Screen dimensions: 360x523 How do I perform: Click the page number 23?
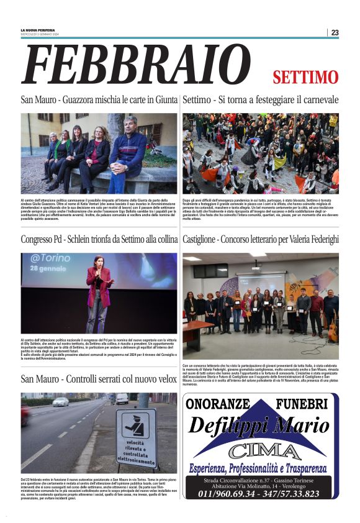coord(335,32)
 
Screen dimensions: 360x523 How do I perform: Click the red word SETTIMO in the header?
coord(305,77)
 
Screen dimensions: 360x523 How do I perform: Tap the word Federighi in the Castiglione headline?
coord(316,239)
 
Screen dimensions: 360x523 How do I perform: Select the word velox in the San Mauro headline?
coord(163,379)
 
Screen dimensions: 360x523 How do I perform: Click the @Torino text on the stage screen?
coord(52,259)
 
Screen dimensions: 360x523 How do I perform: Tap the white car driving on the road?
coord(60,402)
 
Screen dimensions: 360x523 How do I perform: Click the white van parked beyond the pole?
coord(122,399)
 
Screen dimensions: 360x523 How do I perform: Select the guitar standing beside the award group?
coord(333,329)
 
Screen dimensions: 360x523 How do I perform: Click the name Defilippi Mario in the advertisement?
coord(258,426)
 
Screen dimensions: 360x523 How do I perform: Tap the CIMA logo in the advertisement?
coord(261,448)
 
